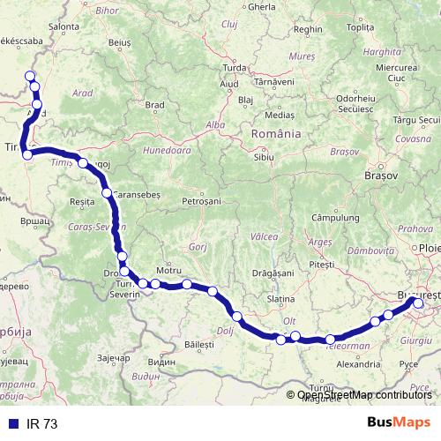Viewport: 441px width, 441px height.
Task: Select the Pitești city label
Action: [323, 265]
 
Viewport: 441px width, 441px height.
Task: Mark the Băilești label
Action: [200, 343]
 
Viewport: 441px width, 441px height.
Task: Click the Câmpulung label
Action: [333, 216]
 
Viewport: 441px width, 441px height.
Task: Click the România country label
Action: [277, 134]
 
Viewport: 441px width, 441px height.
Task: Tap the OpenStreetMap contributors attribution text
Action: [364, 394]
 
